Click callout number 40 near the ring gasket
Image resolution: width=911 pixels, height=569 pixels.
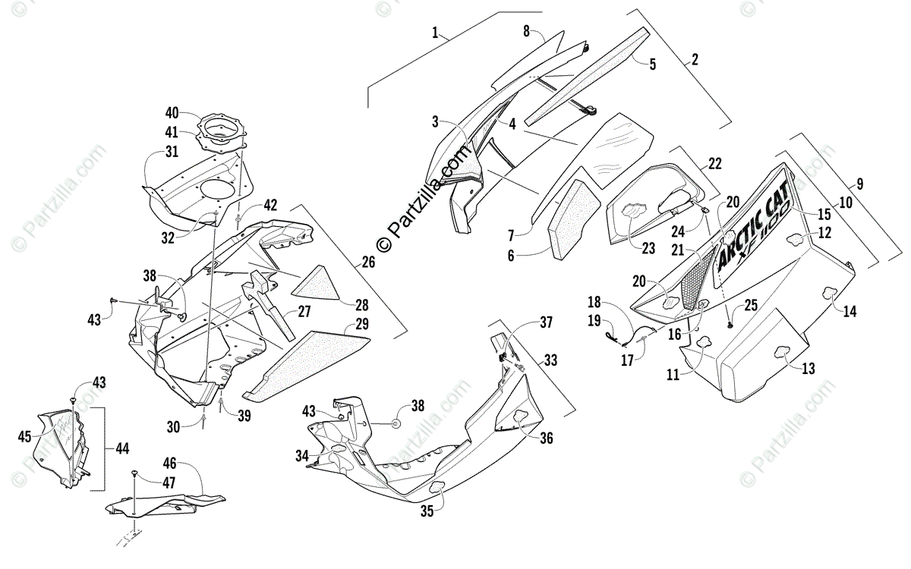[172, 113]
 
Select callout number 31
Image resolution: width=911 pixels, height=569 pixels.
[172, 152]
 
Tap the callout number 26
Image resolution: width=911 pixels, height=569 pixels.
[368, 262]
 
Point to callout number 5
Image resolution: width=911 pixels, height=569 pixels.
[652, 64]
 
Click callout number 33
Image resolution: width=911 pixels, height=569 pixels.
[550, 360]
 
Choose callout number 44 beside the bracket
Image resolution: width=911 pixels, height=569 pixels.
[122, 448]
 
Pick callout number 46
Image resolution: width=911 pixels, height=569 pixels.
[169, 464]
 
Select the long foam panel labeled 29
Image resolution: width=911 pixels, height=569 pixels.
[306, 366]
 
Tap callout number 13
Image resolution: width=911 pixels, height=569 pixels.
[809, 368]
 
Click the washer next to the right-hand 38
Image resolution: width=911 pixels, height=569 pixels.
[395, 424]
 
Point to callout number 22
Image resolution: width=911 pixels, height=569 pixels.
[715, 163]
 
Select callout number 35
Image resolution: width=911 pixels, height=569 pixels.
[427, 511]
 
